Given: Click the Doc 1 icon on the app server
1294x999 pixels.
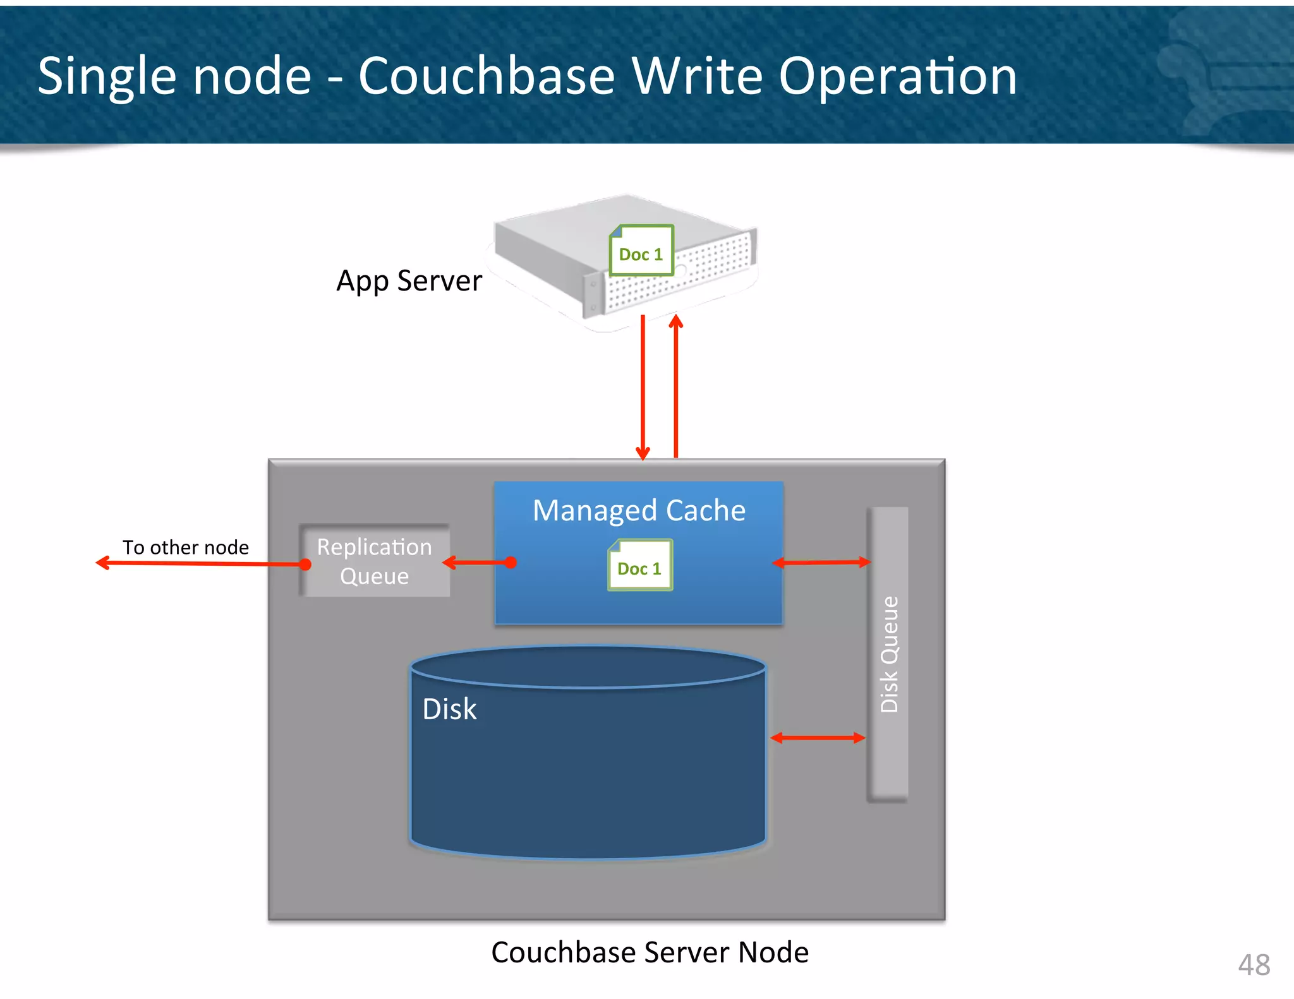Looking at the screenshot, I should click(x=641, y=251).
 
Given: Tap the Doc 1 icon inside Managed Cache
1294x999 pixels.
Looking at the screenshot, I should click(x=639, y=565).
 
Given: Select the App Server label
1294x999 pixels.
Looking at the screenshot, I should click(x=409, y=280).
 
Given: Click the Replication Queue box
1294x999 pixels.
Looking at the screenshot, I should click(x=375, y=561).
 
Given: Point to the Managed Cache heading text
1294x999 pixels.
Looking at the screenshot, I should click(x=639, y=510).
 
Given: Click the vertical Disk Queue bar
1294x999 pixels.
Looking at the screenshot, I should click(x=888, y=654).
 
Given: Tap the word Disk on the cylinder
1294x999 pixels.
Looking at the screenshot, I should click(x=449, y=709).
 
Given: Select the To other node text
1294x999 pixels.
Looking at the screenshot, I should click(x=186, y=547).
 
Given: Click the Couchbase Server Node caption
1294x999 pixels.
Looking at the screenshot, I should click(x=650, y=952).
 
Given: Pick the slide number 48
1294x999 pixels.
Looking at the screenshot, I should click(x=1254, y=965).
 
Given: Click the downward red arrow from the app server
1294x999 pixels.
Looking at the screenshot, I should click(x=643, y=385).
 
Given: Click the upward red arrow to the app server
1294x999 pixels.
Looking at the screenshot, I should click(x=676, y=385).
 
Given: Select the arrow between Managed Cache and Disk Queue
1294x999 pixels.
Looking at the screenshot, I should click(x=821, y=562).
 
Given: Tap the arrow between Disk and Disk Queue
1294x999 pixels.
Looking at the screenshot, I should click(x=818, y=738).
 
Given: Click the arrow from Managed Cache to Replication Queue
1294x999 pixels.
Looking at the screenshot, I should click(x=477, y=562).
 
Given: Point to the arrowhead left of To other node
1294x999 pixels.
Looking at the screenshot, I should click(x=101, y=562).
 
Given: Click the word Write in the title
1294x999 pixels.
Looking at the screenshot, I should click(x=698, y=76).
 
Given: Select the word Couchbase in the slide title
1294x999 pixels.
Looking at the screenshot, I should click(x=487, y=76).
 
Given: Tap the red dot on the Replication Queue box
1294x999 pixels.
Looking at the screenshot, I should click(x=305, y=564).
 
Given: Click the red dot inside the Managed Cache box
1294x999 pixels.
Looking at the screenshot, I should click(x=511, y=562).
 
